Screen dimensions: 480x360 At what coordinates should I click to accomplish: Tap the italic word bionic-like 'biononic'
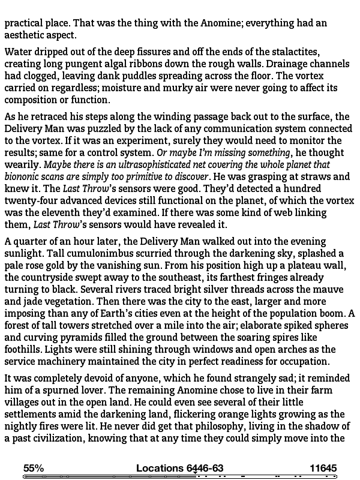[23, 176]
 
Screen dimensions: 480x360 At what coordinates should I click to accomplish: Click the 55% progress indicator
[34, 468]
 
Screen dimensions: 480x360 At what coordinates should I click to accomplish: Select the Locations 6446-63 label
[179, 468]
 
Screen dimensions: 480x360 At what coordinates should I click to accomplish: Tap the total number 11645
[323, 468]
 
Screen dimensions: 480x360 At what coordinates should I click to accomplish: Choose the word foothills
[25, 349]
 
